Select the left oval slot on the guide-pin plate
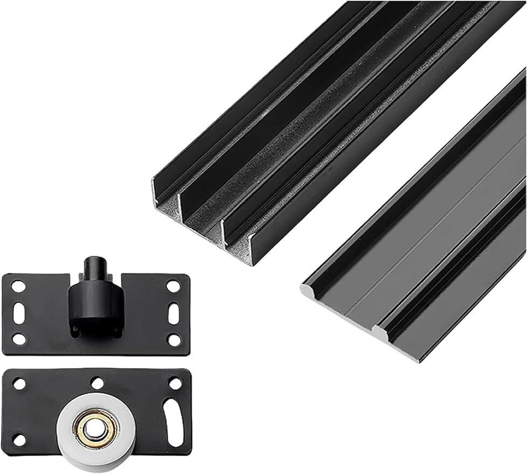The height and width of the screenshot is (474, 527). [x=19, y=313]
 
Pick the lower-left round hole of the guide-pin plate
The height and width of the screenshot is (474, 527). [x=19, y=339]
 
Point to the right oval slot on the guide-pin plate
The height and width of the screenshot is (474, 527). [x=174, y=313]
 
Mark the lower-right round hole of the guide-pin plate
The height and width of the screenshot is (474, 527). [x=174, y=339]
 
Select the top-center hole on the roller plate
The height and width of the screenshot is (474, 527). [x=97, y=383]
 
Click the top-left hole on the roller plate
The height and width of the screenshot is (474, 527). [x=19, y=384]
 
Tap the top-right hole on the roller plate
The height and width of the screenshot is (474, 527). [x=175, y=383]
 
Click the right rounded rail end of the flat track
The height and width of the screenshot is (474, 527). [x=380, y=332]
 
